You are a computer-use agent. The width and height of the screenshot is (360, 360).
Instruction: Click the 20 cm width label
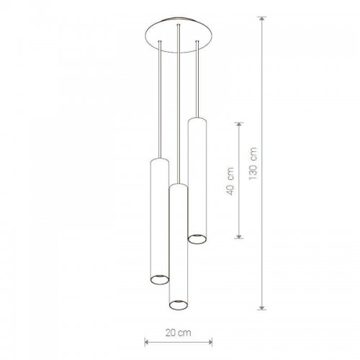tap(179, 333)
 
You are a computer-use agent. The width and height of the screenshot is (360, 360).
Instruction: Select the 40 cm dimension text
tap(230, 181)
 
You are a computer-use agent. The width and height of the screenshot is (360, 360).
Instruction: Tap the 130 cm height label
tap(253, 163)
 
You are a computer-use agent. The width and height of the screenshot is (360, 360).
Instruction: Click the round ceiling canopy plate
tap(179, 35)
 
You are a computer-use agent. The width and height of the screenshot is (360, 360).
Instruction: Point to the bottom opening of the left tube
tap(160, 279)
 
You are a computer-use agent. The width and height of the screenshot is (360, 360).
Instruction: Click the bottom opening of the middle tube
tap(179, 305)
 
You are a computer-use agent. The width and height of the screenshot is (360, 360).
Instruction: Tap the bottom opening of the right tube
tap(197, 239)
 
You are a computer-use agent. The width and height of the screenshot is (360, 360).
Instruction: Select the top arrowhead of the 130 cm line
tap(262, 20)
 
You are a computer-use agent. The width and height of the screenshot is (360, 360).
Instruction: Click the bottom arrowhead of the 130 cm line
tap(262, 307)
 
